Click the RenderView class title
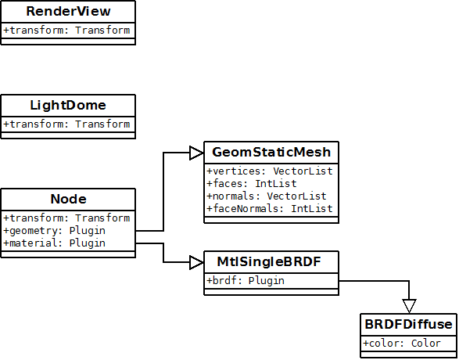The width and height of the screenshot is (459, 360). (68, 12)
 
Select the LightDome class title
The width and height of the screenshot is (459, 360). (68, 106)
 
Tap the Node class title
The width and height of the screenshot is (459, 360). (68, 200)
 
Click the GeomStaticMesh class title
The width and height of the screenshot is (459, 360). (271, 153)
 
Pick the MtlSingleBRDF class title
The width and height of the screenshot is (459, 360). (269, 262)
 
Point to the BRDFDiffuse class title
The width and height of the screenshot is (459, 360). (408, 325)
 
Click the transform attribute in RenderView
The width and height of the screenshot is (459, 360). (66, 31)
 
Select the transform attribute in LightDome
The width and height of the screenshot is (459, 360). (66, 124)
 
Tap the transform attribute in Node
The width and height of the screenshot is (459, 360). (66, 218)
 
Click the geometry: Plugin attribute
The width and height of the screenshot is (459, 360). (54, 231)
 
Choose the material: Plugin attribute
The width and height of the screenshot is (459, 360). (54, 243)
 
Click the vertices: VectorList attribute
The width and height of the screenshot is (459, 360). (270, 171)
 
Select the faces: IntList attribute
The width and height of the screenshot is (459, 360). (252, 184)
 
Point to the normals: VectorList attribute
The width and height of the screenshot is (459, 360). (267, 196)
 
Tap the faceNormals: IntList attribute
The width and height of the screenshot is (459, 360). (270, 209)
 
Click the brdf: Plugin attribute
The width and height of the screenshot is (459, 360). (246, 281)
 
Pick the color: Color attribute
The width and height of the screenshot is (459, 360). (402, 344)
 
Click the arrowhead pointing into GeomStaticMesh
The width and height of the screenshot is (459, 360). (197, 153)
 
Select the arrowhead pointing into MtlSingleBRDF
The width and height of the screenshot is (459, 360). (197, 262)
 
